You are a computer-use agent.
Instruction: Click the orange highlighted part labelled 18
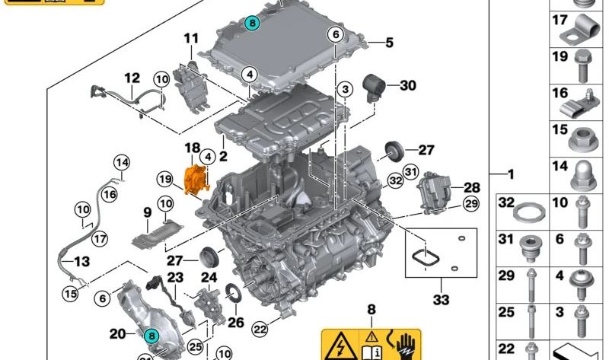[197, 180]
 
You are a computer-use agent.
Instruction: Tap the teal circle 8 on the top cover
[252, 24]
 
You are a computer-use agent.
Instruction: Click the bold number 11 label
[191, 39]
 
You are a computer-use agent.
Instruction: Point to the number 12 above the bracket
[132, 78]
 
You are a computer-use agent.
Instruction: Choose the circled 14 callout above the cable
[122, 162]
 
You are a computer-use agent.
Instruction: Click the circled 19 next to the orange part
[165, 179]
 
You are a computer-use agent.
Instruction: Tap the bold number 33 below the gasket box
[441, 299]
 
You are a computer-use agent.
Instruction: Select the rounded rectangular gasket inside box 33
[426, 257]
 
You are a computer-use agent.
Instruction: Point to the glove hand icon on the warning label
[405, 345]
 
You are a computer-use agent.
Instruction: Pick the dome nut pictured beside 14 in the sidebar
[583, 177]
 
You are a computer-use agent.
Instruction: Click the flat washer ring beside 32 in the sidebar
[529, 213]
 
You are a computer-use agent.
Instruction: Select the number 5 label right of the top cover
[389, 43]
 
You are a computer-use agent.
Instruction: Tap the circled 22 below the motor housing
[260, 330]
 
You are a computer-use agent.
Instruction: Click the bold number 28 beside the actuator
[472, 187]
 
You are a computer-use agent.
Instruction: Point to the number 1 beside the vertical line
[511, 174]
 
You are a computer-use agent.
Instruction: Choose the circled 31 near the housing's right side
[410, 171]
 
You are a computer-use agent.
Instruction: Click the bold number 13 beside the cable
[82, 262]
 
